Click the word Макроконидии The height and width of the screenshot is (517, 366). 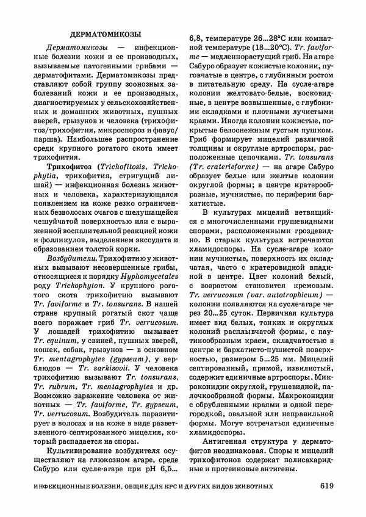301,397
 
